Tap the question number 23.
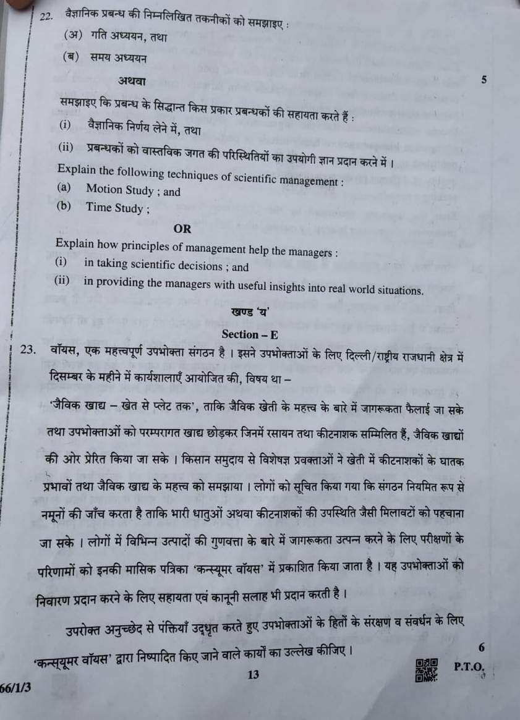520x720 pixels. tap(28, 350)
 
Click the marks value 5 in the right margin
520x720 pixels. tap(484, 80)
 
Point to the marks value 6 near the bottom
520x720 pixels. tap(482, 647)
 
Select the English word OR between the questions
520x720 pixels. tap(182, 229)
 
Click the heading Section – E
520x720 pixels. tap(250, 334)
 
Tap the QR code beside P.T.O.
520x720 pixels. tap(427, 670)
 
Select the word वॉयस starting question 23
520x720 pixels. tap(64, 350)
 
